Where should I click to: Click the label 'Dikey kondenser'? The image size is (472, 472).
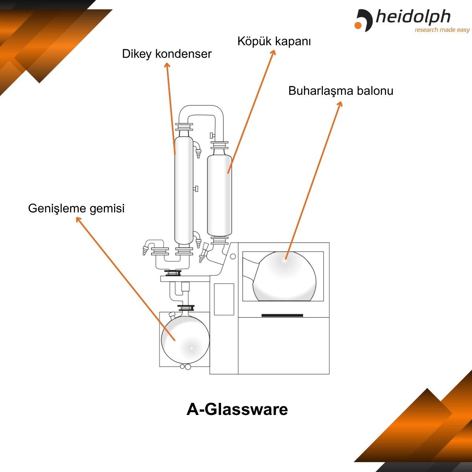[x=167, y=54]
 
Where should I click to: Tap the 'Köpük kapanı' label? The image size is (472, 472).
[x=274, y=41]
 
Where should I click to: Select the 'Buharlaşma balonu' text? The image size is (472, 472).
[x=341, y=91]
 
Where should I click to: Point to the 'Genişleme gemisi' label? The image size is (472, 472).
[x=76, y=208]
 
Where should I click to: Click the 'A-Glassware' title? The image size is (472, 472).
[x=237, y=409]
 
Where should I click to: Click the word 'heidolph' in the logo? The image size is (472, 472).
[x=413, y=17]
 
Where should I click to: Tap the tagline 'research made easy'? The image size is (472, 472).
[x=442, y=30]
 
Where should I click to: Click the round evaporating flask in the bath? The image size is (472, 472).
[x=284, y=277]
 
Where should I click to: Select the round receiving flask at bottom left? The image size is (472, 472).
[x=185, y=338]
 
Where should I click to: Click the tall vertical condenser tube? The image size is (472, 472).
[x=184, y=189]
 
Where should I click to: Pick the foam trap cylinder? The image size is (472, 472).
[x=219, y=195]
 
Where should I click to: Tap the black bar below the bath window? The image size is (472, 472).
[x=282, y=315]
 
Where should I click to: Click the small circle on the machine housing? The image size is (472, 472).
[x=233, y=257]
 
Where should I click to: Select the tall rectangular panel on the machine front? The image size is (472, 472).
[x=224, y=299]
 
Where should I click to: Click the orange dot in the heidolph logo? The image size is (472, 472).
[x=358, y=26]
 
